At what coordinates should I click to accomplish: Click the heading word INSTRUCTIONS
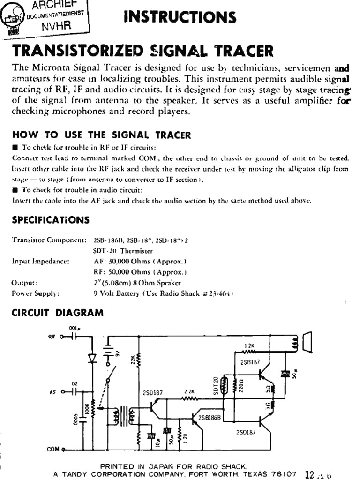(180, 17)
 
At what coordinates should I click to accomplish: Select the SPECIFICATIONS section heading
(50, 219)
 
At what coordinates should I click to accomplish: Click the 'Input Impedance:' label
(41, 261)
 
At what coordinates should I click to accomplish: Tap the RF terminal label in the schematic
(52, 337)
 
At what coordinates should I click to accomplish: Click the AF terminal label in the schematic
(52, 393)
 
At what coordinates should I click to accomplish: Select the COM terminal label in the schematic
(53, 449)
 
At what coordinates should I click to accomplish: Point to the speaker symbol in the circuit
(307, 341)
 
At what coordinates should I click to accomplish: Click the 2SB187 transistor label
(250, 362)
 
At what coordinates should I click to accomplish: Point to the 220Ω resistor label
(240, 385)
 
